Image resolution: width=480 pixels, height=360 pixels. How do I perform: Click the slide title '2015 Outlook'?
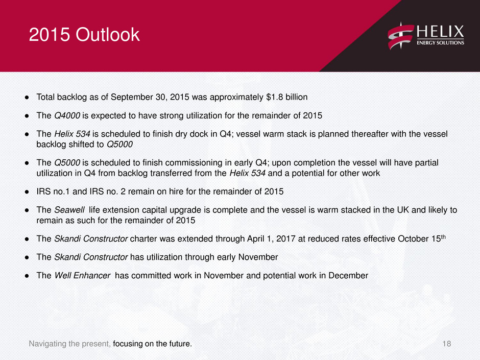(x=84, y=34)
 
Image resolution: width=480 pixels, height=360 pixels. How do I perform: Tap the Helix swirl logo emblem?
(x=401, y=36)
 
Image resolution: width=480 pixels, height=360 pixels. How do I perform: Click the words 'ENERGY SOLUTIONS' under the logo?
(x=440, y=42)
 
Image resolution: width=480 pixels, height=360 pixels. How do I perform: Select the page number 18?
(x=447, y=344)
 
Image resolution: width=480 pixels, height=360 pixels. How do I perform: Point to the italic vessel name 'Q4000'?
(x=67, y=116)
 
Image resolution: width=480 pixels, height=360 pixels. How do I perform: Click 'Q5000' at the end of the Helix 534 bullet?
(x=119, y=145)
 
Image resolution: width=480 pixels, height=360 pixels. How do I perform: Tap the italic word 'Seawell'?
(x=69, y=210)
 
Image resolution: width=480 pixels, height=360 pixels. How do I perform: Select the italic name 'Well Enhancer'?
(x=82, y=276)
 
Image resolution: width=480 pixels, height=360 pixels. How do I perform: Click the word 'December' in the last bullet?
(x=348, y=276)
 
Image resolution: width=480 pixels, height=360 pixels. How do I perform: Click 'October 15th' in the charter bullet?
(x=422, y=238)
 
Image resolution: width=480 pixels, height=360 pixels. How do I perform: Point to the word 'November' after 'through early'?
(x=258, y=257)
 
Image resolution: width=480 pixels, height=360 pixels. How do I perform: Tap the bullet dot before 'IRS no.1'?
(x=27, y=192)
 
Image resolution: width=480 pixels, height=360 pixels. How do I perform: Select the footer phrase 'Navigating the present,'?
(x=70, y=344)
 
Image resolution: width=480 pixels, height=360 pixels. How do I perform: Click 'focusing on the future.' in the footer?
(x=153, y=344)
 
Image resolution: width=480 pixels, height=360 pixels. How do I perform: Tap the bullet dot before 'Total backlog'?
(x=27, y=98)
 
